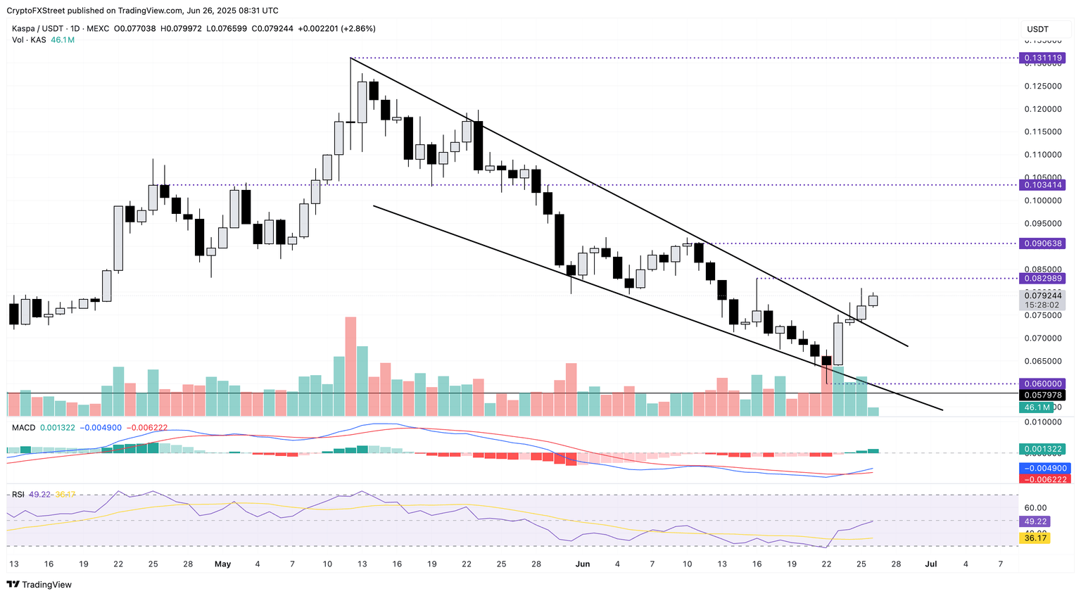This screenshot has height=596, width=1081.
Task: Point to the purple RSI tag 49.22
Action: coord(1036,521)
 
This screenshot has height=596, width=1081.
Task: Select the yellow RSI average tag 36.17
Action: coord(1036,538)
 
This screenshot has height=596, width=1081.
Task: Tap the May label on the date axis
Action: coord(223,564)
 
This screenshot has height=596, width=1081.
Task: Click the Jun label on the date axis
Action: coord(582,564)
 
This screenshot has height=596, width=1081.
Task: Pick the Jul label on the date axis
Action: coord(930,564)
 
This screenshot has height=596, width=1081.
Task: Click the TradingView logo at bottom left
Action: coord(39,585)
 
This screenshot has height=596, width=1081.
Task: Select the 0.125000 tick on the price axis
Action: coord(1043,87)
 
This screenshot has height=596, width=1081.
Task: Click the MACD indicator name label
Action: coord(23,427)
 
